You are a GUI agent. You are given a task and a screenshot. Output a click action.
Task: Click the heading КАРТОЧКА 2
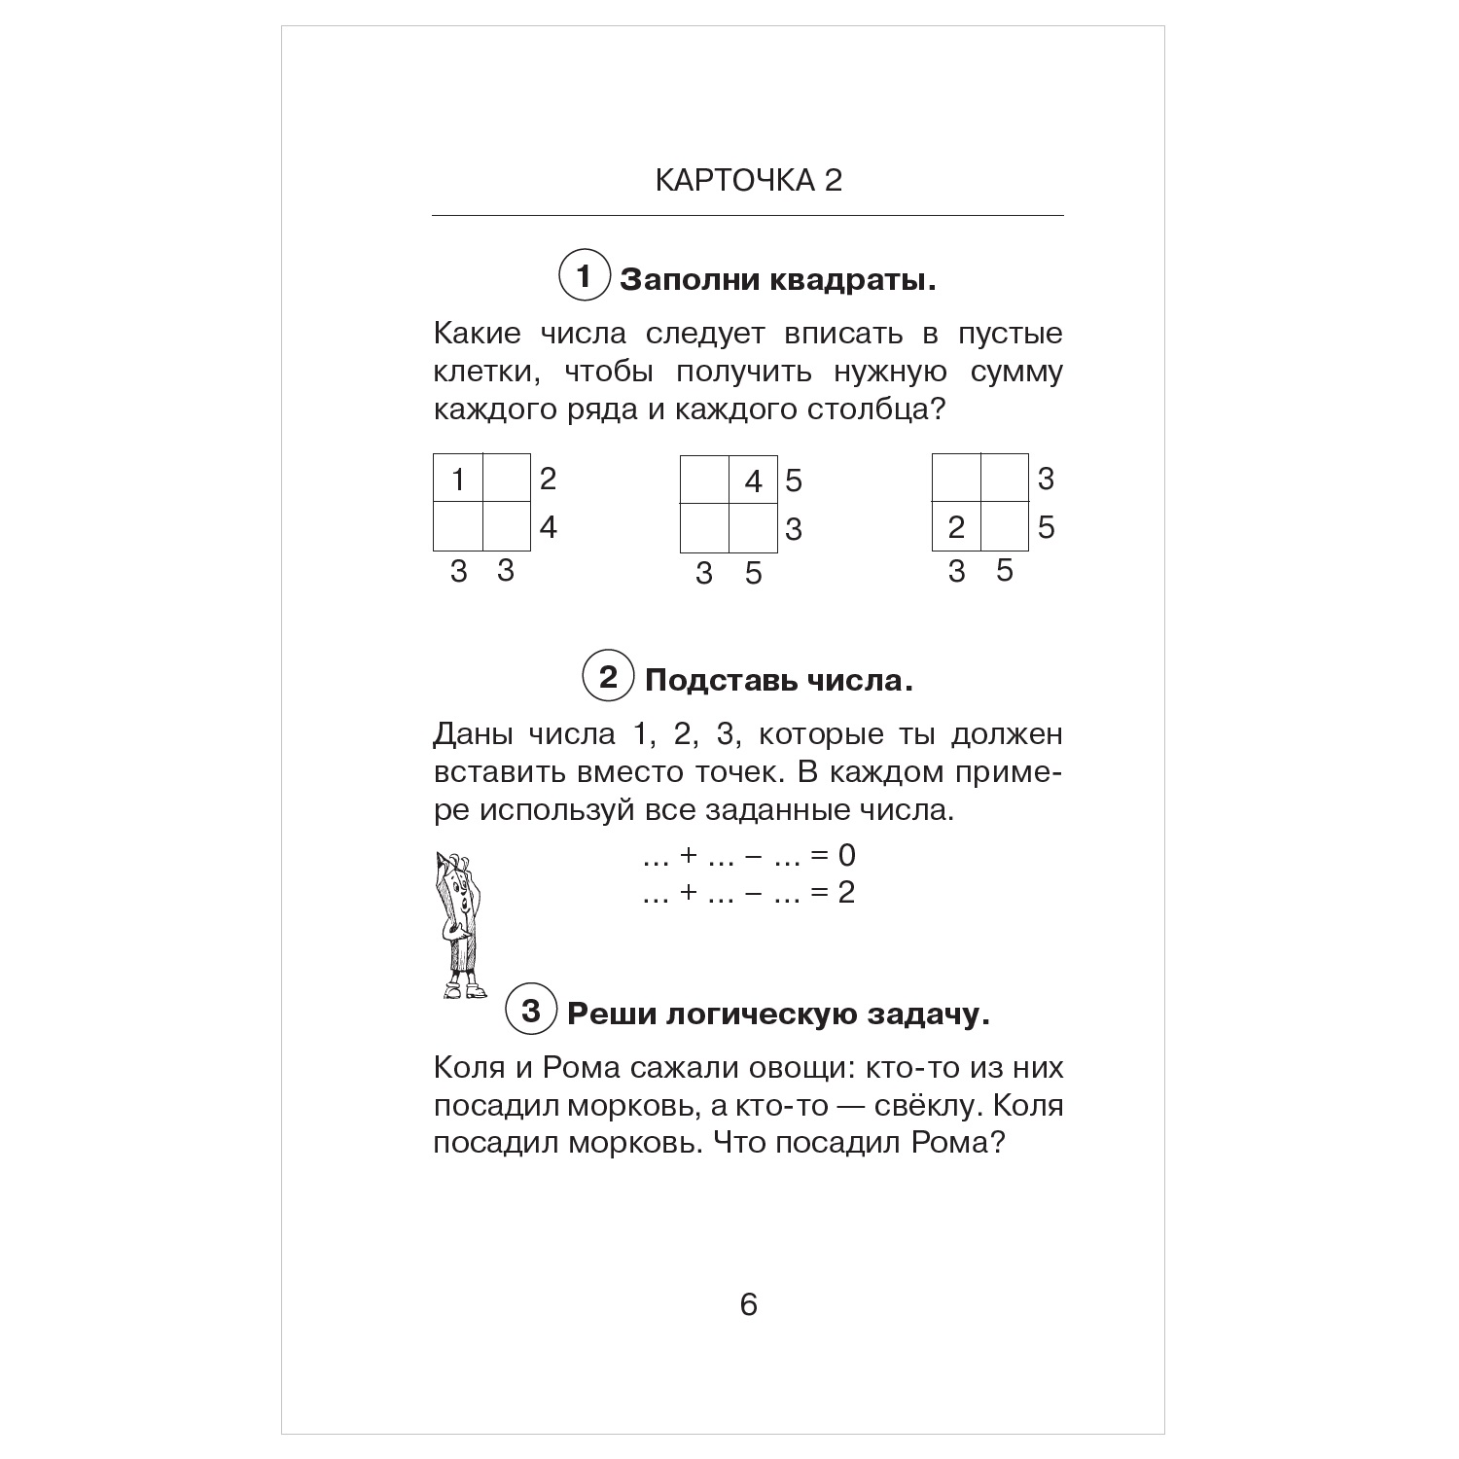coord(748,181)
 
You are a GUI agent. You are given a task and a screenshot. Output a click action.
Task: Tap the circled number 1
coord(584,277)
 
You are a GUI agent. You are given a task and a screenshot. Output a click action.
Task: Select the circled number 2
coord(608,676)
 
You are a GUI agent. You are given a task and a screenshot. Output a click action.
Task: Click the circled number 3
coord(530,1011)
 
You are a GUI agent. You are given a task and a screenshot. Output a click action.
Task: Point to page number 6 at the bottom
coord(748,1304)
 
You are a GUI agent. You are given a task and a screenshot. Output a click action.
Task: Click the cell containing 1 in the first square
coord(458,479)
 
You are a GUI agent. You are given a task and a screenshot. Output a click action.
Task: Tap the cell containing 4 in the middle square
coord(754,480)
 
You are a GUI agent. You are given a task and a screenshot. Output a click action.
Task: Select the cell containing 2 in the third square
coord(956,527)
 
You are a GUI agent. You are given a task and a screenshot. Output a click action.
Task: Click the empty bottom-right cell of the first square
coord(507,526)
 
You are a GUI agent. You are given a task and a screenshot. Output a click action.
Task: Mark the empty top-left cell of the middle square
coord(705,480)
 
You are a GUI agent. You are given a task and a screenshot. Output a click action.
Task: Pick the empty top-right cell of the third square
coord(1005,479)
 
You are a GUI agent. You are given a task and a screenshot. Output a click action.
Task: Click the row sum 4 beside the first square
coord(549,527)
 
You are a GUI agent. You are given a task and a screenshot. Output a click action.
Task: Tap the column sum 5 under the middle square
coord(754,574)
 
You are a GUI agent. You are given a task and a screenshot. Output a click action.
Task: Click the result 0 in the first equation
coord(846,855)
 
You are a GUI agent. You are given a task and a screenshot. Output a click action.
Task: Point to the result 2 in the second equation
coord(846,892)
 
